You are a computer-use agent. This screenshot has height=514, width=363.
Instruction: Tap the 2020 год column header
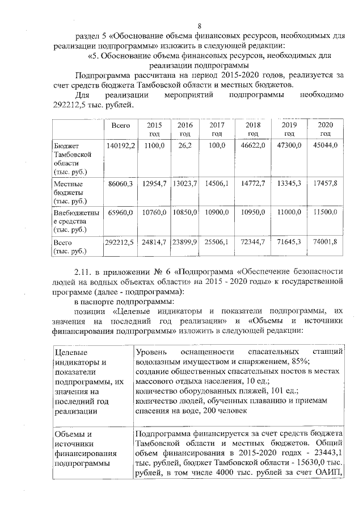tap(325, 129)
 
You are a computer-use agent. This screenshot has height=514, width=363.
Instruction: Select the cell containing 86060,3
tap(120, 184)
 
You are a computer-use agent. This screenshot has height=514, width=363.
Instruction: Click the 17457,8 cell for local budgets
tap(325, 184)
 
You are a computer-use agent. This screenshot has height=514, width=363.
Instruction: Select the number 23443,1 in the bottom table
tap(328, 453)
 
